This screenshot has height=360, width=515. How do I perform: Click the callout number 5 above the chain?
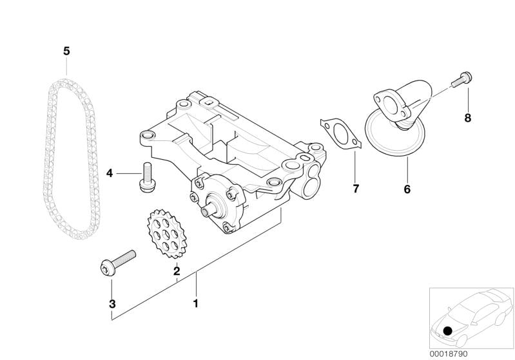pyautogui.click(x=66, y=51)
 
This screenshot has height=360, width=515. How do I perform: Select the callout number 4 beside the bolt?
pyautogui.click(x=110, y=173)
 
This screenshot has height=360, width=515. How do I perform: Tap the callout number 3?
pyautogui.click(x=112, y=304)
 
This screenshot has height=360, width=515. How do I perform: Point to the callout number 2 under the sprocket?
pyautogui.click(x=177, y=271)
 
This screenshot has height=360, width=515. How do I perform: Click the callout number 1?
pyautogui.click(x=196, y=303)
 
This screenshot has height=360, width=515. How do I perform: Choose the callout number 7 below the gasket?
pyautogui.click(x=356, y=189)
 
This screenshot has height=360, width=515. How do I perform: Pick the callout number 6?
pyautogui.click(x=407, y=189)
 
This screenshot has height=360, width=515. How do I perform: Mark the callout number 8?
pyautogui.click(x=468, y=118)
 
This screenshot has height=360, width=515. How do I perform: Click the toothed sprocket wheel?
pyautogui.click(x=168, y=234)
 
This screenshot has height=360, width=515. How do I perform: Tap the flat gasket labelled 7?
pyautogui.click(x=341, y=134)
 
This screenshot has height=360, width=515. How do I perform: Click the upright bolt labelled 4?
pyautogui.click(x=147, y=178)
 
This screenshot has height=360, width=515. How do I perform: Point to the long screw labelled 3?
pyautogui.click(x=117, y=263)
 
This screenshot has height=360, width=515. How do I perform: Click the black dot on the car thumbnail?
pyautogui.click(x=447, y=330)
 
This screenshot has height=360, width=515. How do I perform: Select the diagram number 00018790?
pyautogui.click(x=449, y=354)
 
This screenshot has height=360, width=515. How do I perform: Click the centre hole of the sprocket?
pyautogui.click(x=167, y=234)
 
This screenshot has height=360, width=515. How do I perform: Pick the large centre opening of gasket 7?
pyautogui.click(x=340, y=133)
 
